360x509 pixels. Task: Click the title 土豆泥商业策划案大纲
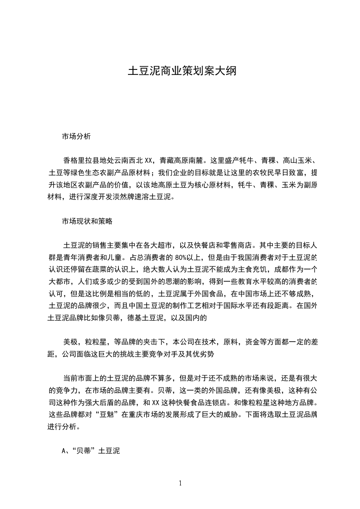pyautogui.click(x=180, y=72)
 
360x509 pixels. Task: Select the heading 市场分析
pyautogui.click(x=76, y=136)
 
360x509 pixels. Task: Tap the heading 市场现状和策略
pyautogui.click(x=87, y=222)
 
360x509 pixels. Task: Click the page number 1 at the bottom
pyautogui.click(x=180, y=483)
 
